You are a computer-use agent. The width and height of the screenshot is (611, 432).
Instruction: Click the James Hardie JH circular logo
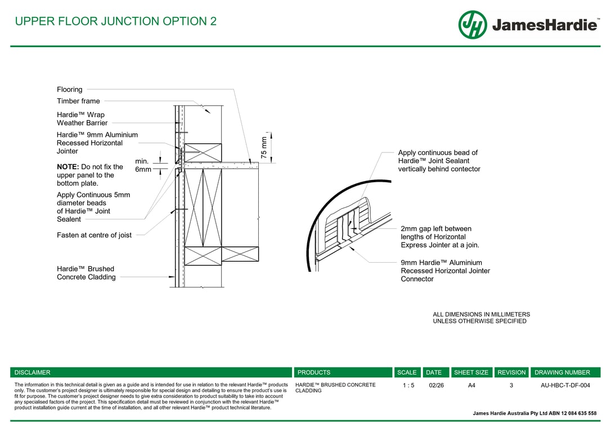(x=473, y=25)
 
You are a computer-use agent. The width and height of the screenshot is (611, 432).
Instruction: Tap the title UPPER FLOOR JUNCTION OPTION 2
(x=115, y=21)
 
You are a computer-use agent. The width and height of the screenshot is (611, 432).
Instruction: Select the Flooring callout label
(x=70, y=89)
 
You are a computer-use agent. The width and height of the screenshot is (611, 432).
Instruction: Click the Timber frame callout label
(x=78, y=101)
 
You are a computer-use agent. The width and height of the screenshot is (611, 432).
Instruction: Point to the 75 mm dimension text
(x=264, y=147)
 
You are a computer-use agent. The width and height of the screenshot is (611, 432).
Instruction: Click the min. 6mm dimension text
(x=142, y=165)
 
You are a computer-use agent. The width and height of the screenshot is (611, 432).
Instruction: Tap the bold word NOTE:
(x=68, y=167)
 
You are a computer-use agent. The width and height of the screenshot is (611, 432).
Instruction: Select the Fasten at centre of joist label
(x=94, y=235)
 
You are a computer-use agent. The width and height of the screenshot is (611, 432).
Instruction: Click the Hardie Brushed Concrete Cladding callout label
(x=86, y=273)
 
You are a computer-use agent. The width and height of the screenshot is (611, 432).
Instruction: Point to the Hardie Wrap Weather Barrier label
(x=82, y=119)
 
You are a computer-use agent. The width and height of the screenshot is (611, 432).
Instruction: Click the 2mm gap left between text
(x=436, y=229)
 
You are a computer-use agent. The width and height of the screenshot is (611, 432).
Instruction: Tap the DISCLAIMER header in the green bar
(x=33, y=372)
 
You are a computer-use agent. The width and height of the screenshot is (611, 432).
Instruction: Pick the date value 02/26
(x=436, y=385)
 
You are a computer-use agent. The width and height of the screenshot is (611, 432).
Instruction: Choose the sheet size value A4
(x=471, y=385)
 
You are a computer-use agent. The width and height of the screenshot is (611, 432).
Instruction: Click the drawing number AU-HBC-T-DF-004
(x=565, y=385)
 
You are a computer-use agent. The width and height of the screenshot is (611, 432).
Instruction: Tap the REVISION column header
(x=511, y=372)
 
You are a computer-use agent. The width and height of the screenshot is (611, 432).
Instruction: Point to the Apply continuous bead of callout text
(x=438, y=153)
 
